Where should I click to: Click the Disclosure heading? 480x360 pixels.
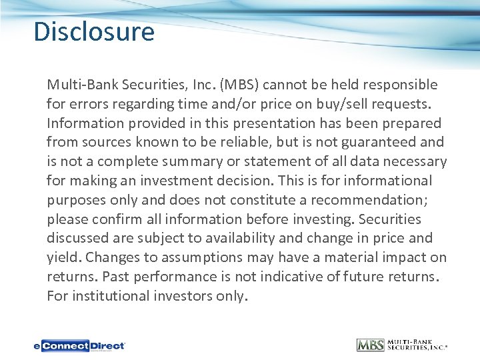[x=94, y=32]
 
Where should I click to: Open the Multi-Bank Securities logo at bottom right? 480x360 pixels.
[x=401, y=345]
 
